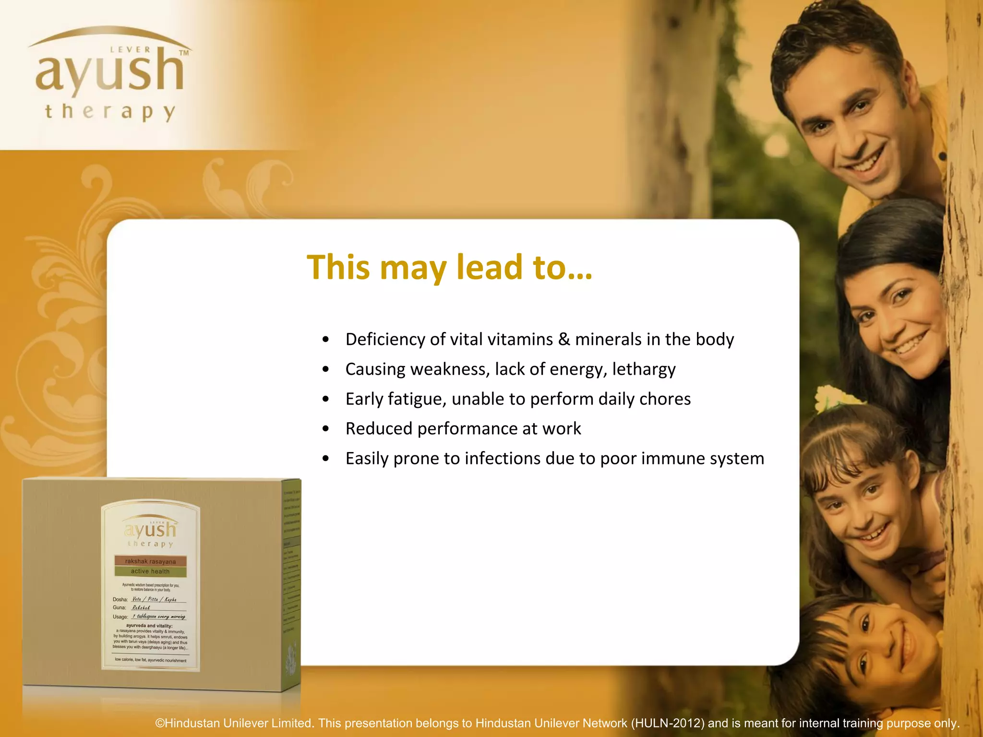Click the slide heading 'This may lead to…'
[x=449, y=267]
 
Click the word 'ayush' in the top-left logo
[x=110, y=72]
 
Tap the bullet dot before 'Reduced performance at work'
[x=326, y=429]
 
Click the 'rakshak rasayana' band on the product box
[x=150, y=561]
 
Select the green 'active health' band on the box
[x=150, y=571]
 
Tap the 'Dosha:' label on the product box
[x=120, y=599]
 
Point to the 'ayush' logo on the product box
[x=150, y=530]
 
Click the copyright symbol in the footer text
[x=160, y=723]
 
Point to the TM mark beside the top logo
[x=184, y=53]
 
